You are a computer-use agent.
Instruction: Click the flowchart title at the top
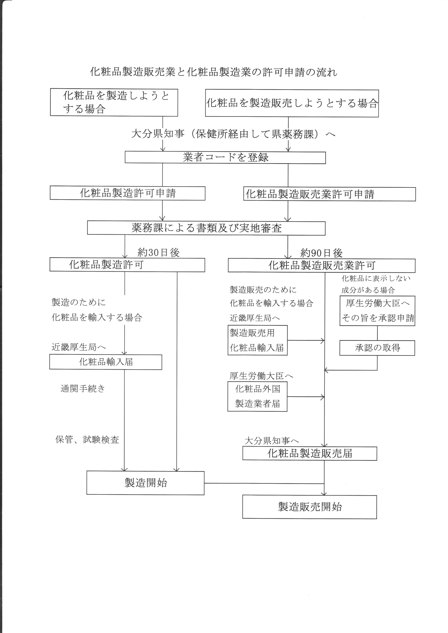(214, 72)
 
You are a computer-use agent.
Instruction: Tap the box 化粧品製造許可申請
(128, 193)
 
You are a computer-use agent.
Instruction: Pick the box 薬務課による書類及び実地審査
(206, 228)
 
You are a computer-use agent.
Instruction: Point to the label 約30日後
(159, 252)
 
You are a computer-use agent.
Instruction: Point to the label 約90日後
(321, 253)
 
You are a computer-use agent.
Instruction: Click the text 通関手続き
(83, 389)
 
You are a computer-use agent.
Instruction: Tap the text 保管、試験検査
(87, 440)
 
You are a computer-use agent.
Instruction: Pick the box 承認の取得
(377, 348)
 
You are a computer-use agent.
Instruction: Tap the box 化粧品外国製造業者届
(257, 396)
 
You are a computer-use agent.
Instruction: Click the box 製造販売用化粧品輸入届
(257, 340)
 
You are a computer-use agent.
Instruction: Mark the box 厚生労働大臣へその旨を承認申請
(377, 311)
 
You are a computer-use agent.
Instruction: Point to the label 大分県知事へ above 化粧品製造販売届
(272, 441)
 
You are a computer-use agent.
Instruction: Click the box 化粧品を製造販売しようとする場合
(292, 103)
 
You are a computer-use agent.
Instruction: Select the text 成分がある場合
(368, 290)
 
